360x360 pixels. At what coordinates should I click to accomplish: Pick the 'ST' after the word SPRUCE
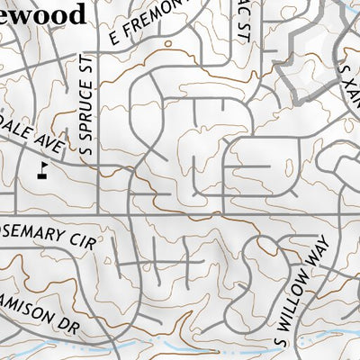[86, 67]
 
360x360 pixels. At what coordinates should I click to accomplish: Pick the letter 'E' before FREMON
[113, 38]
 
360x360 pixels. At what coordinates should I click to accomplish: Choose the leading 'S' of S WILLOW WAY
[279, 340]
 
